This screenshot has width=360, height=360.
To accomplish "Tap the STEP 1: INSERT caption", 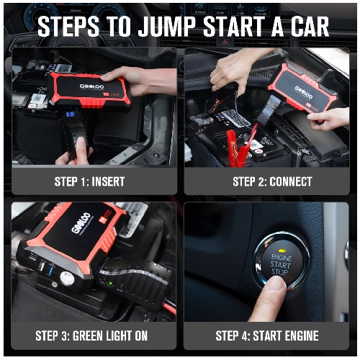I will (x=89, y=181).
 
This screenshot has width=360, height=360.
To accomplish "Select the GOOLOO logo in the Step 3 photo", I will (x=84, y=227).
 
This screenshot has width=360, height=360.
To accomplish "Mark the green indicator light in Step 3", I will (x=109, y=284).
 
